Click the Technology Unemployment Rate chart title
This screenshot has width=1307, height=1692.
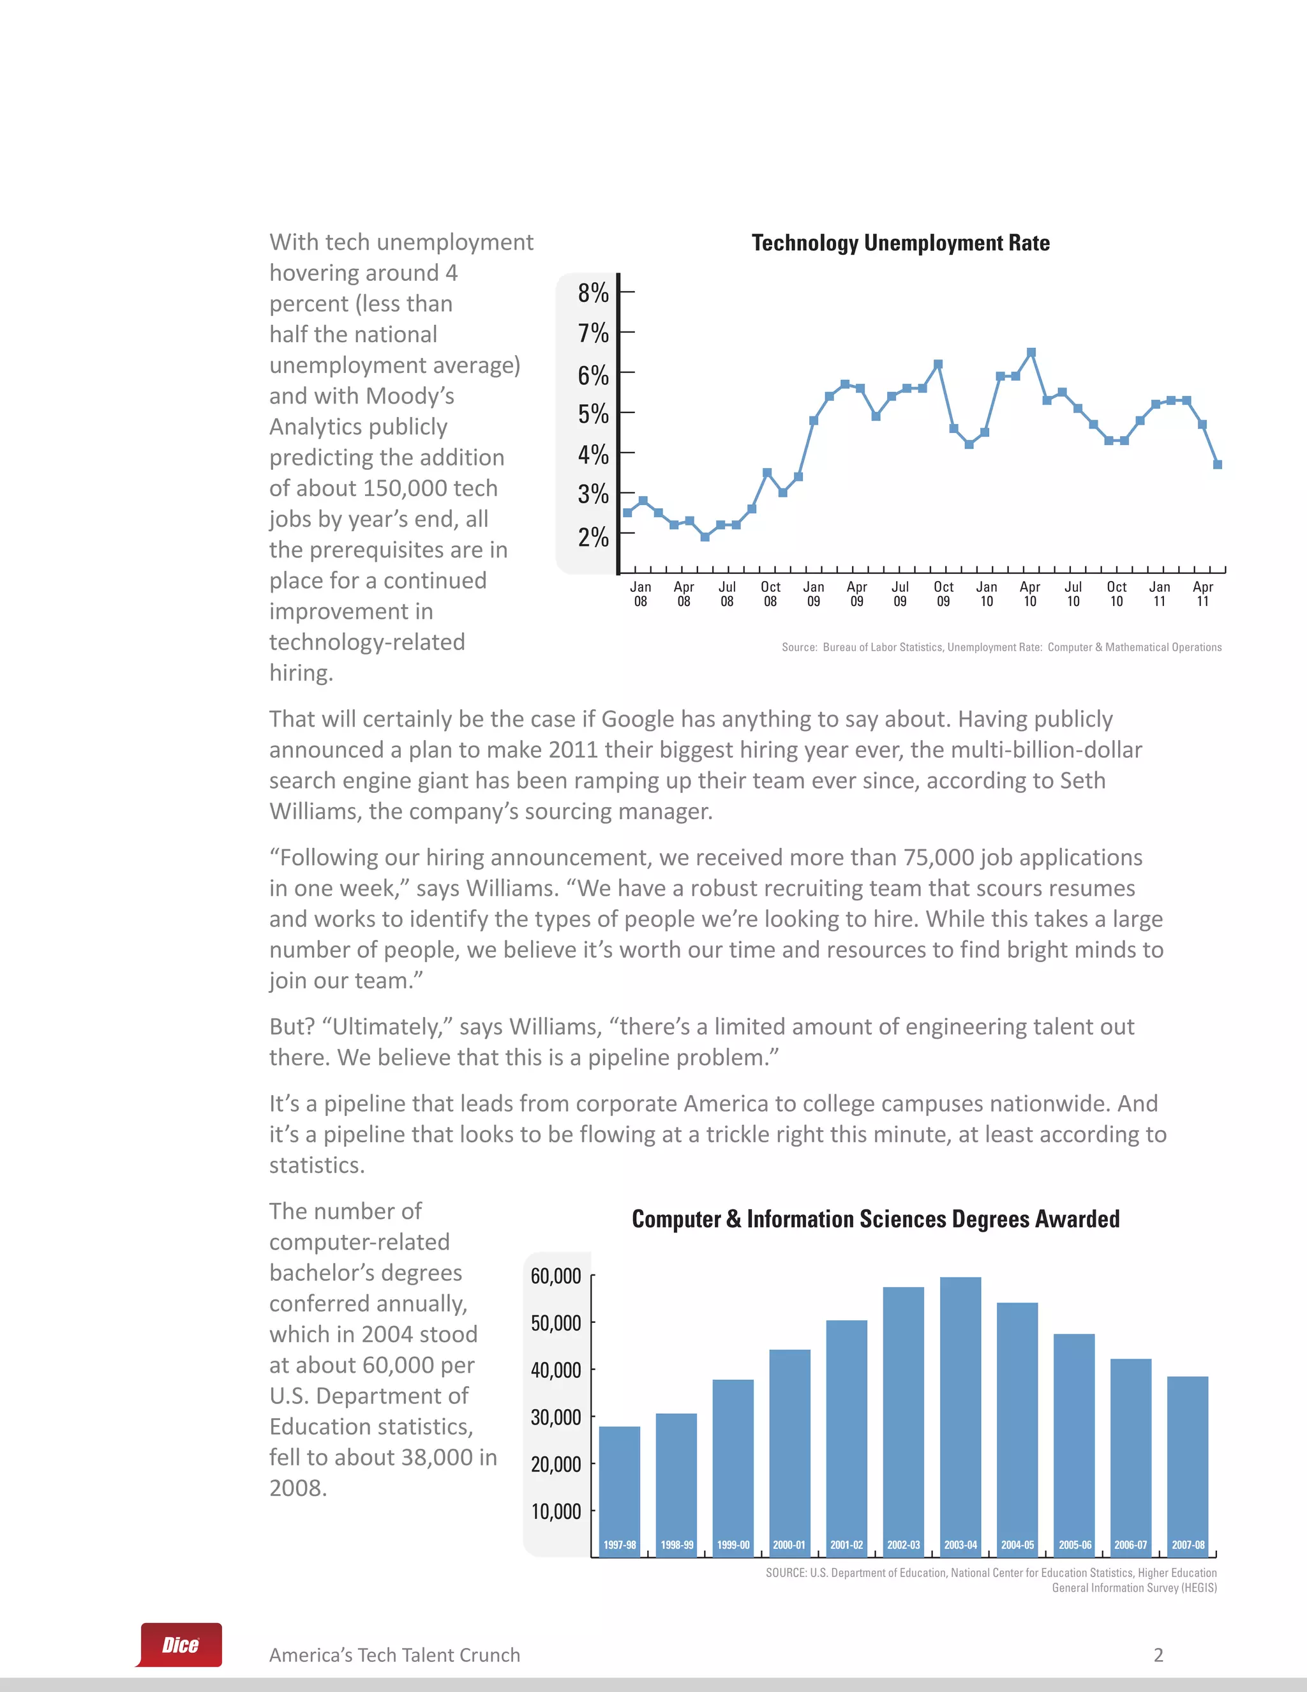click(x=900, y=243)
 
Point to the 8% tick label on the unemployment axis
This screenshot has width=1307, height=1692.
click(x=593, y=294)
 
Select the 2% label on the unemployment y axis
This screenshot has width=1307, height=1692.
click(x=593, y=537)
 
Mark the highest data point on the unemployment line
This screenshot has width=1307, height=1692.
click(x=1031, y=352)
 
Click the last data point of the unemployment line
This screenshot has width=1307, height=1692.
click(x=1217, y=465)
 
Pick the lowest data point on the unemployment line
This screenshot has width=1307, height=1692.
click(x=705, y=537)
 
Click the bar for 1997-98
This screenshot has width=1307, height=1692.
click(x=620, y=1488)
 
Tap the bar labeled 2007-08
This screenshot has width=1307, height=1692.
click(x=1187, y=1464)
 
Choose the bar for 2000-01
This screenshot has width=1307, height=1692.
click(x=789, y=1449)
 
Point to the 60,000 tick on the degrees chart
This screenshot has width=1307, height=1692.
click(x=555, y=1276)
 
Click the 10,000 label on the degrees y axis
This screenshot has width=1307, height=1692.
click(x=555, y=1511)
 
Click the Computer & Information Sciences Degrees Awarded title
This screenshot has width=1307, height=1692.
click(x=875, y=1220)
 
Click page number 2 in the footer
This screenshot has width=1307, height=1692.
click(x=1158, y=1656)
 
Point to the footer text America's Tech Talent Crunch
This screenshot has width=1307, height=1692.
click(x=394, y=1656)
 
